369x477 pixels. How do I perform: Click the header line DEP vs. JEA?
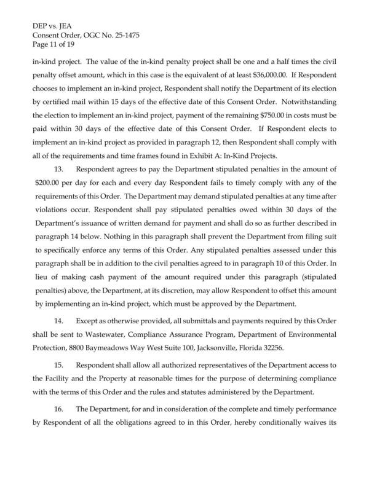(54, 28)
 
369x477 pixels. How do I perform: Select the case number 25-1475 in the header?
(125, 36)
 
